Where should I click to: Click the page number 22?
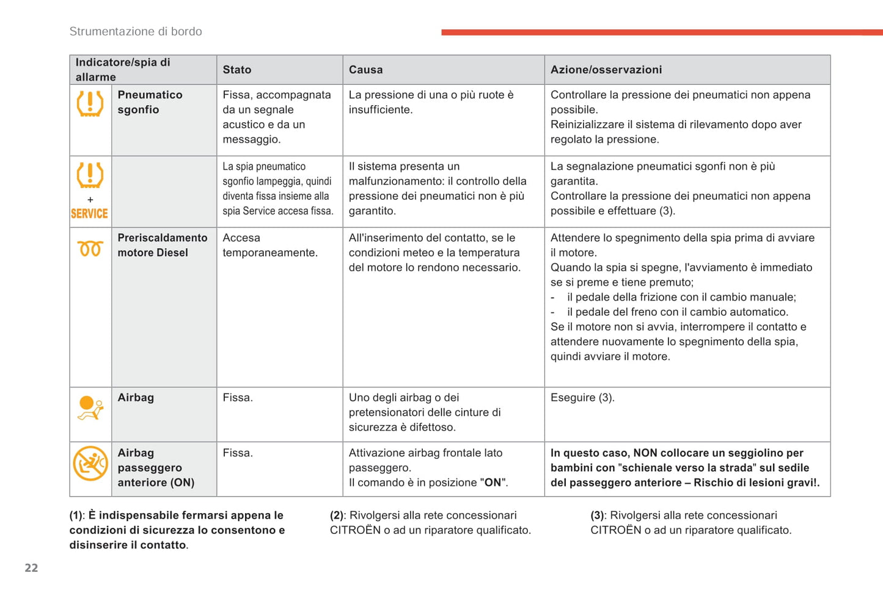tap(31, 568)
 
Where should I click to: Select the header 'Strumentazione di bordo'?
tap(136, 32)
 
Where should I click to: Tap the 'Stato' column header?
tap(237, 70)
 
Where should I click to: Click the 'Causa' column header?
tap(365, 70)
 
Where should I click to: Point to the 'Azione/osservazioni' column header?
tap(606, 70)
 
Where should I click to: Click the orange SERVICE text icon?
tap(89, 213)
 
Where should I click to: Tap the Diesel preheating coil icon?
tap(90, 249)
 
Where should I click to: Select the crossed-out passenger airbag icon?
tap(90, 463)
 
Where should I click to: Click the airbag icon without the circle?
tap(90, 408)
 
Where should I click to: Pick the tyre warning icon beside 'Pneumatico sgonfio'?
tap(90, 104)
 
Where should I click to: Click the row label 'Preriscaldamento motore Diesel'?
tap(163, 245)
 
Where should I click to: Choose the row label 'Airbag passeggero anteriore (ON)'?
tap(156, 467)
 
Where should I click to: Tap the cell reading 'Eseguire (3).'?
tap(582, 398)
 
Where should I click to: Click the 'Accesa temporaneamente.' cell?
tap(270, 245)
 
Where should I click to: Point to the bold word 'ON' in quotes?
tap(493, 483)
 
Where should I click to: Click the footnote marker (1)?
tap(76, 516)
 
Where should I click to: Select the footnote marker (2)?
tap(337, 516)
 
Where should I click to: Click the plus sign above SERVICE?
tap(90, 200)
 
